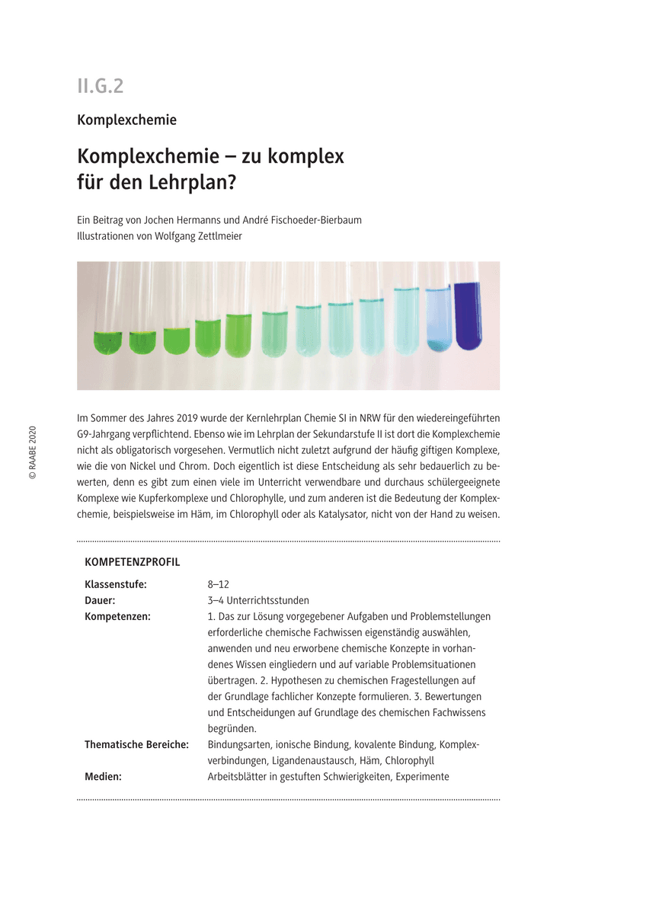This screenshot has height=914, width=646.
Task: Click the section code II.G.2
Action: (100, 86)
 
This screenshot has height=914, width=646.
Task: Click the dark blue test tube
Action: (468, 316)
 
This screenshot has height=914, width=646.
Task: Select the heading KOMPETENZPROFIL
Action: (133, 562)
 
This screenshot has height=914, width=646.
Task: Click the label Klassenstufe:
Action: (116, 584)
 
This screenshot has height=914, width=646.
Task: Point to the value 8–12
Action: (219, 584)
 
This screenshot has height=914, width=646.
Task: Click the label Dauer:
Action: (100, 600)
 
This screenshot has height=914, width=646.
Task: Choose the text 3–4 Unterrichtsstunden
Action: (258, 600)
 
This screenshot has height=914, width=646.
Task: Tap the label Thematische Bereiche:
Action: (136, 744)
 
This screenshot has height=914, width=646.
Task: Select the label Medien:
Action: (103, 776)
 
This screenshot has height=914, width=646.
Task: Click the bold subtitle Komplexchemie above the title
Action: (126, 120)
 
